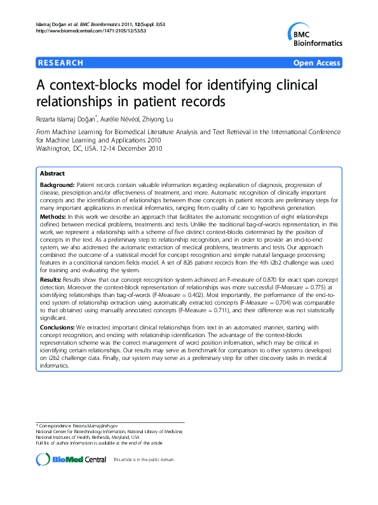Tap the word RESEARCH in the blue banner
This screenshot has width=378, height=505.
60,63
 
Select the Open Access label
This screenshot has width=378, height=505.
317,63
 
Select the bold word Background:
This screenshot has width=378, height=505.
57,183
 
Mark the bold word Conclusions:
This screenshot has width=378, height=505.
58,327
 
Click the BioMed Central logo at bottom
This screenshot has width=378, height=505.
71,459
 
